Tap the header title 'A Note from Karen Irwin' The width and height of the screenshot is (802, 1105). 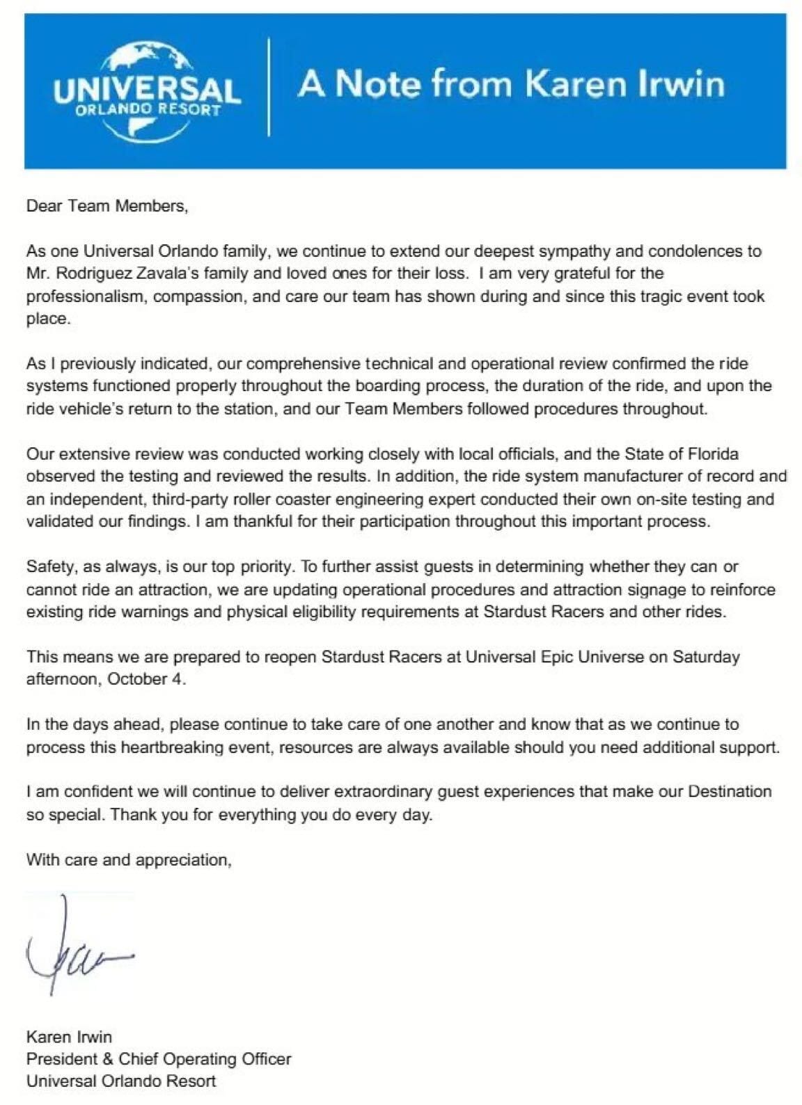point(511,84)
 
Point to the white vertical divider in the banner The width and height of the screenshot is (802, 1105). point(269,87)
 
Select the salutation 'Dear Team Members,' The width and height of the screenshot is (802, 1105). point(107,206)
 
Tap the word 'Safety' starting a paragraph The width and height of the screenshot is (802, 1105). point(48,567)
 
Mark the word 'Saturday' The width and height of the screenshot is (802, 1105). point(705,656)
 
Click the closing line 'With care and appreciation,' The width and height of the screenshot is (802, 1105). point(129,859)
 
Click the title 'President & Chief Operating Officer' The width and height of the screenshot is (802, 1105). point(159,1058)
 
